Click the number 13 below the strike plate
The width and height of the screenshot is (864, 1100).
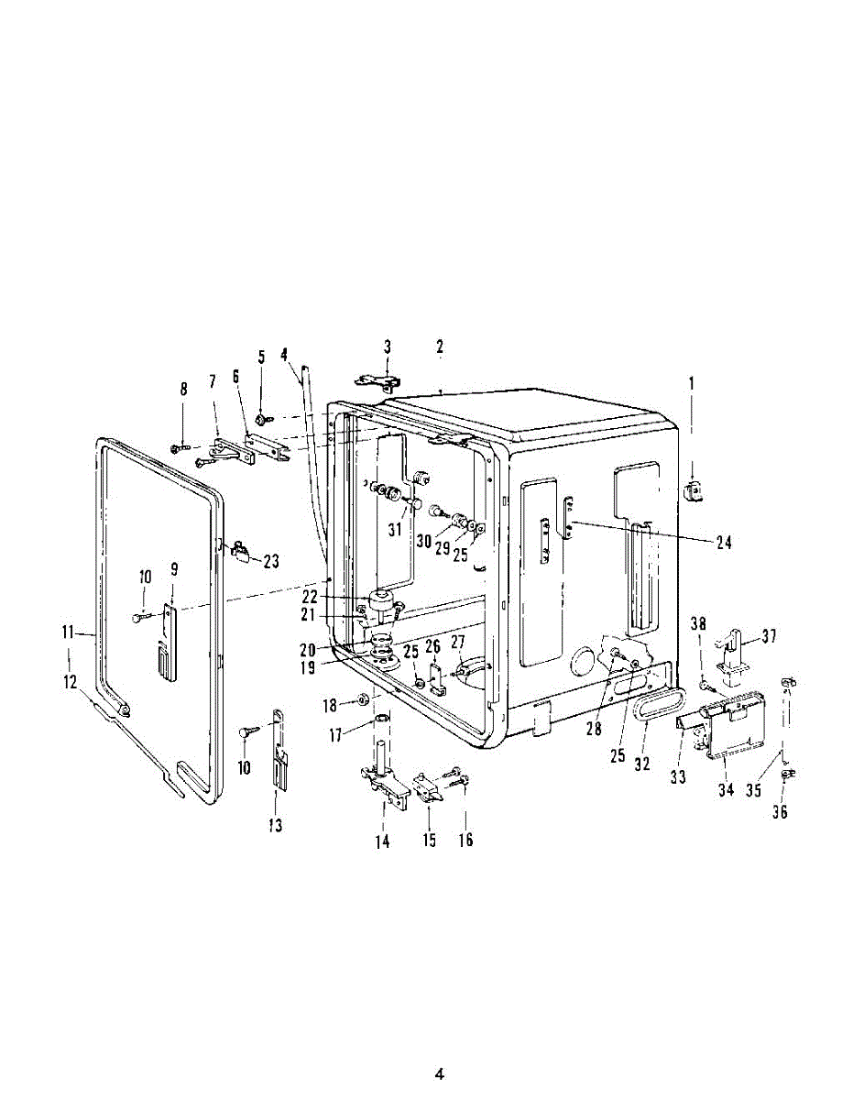pos(275,826)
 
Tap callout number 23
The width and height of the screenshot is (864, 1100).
pos(271,561)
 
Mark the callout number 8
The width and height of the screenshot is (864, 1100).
pos(183,390)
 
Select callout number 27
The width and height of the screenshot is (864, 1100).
pos(457,642)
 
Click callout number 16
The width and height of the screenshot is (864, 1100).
pos(465,840)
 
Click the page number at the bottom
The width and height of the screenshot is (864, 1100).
pos(439,1073)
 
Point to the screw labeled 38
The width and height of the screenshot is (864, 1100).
pos(704,685)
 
